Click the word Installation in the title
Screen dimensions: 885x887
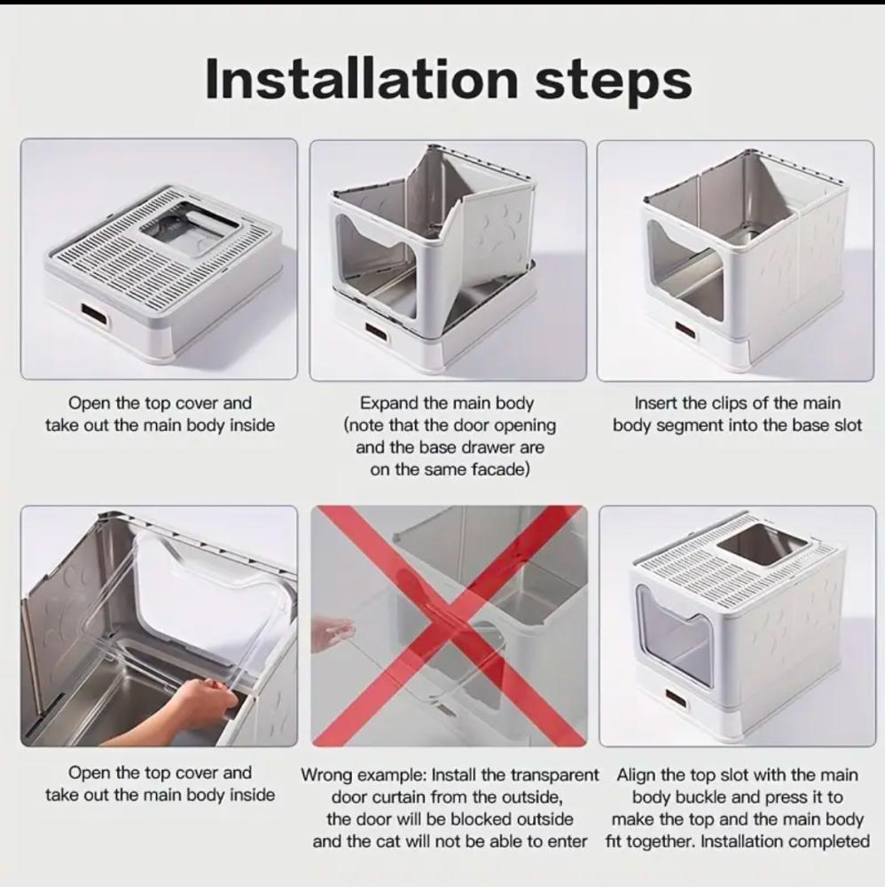361,79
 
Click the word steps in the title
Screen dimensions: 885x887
614,82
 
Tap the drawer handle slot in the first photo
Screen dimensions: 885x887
97,316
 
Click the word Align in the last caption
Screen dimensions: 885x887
636,774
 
